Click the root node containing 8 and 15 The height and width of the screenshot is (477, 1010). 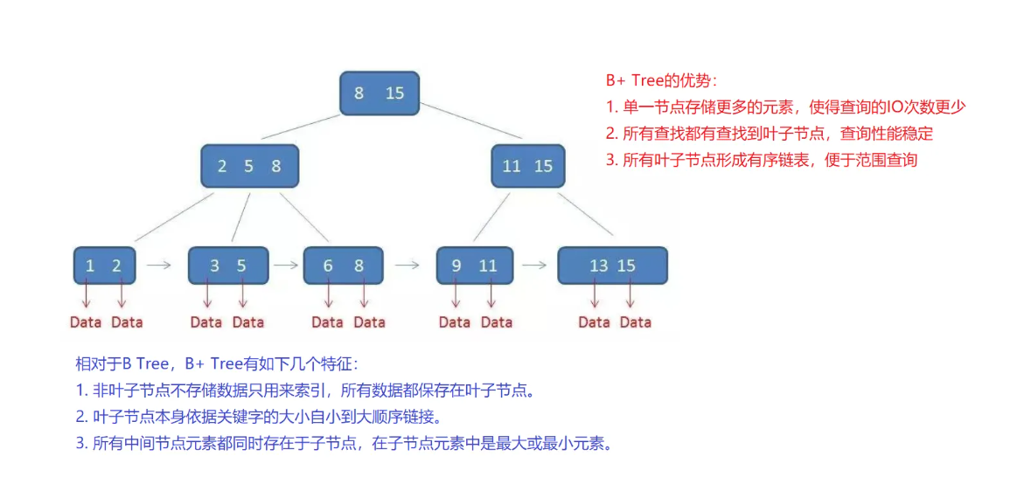tap(379, 93)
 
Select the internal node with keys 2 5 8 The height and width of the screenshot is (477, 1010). tap(249, 166)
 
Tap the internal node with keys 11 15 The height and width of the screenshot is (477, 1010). tap(527, 166)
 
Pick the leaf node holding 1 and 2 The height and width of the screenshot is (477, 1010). tap(104, 266)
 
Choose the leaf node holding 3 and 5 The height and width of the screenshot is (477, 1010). tap(227, 266)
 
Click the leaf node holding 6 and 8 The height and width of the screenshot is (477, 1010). tap(343, 266)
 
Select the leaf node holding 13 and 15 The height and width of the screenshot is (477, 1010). tap(612, 266)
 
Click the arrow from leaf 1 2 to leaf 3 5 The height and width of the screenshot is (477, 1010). tap(158, 263)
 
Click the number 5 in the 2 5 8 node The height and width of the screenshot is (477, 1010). tap(248, 166)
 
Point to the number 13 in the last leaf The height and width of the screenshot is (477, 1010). tap(598, 266)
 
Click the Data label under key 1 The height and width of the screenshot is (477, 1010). tap(86, 322)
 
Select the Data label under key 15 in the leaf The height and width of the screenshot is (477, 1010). tap(636, 322)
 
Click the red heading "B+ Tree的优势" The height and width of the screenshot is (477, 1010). tap(662, 80)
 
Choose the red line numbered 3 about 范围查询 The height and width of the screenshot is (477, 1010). tap(761, 160)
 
